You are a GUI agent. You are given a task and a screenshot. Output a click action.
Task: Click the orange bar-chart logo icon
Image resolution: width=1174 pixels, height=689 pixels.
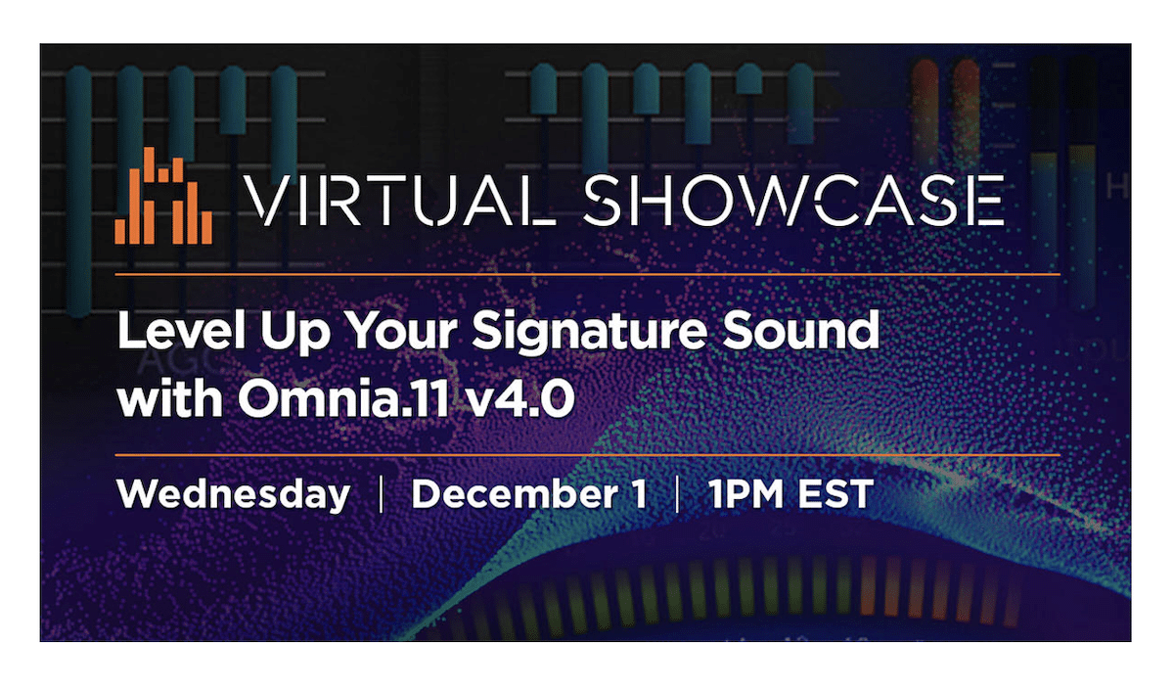click(x=162, y=196)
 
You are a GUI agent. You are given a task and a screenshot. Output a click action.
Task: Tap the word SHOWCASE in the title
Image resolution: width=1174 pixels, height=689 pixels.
click(x=793, y=202)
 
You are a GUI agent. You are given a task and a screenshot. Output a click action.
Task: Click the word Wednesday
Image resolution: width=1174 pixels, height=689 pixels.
click(x=234, y=494)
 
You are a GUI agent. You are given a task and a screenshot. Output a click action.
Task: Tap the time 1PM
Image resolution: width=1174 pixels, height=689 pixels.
click(x=747, y=494)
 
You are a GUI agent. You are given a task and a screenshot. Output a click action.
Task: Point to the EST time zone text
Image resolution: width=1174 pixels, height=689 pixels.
click(x=835, y=494)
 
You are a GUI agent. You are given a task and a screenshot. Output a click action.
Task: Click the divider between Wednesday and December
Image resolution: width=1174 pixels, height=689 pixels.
click(x=381, y=495)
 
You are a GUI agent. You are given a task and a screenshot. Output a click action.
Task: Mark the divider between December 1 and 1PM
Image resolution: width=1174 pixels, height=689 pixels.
click(x=677, y=495)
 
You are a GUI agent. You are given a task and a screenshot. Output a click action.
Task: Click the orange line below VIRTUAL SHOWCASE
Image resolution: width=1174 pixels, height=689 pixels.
click(x=587, y=276)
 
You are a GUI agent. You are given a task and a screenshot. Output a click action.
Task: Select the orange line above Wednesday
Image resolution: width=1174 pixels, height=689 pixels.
click(x=587, y=455)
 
